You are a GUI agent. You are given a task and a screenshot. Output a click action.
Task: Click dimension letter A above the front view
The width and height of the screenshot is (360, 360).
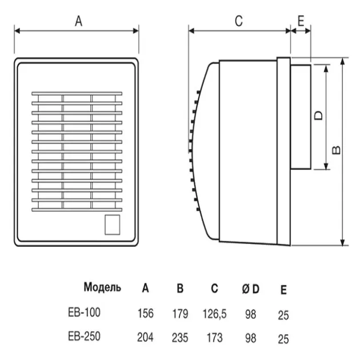(79, 21)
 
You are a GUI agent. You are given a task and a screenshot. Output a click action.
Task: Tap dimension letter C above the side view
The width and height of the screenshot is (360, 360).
(238, 21)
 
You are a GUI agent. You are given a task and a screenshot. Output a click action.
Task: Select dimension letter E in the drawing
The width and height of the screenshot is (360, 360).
(301, 21)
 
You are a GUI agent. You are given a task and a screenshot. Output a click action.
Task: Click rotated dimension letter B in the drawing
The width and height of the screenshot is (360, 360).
(337, 150)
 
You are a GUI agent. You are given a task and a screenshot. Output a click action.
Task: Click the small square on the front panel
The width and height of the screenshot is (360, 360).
(113, 225)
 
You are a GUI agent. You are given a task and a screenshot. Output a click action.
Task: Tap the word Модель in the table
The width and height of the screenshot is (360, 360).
(102, 287)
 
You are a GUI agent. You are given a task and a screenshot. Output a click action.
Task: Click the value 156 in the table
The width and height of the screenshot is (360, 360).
(146, 313)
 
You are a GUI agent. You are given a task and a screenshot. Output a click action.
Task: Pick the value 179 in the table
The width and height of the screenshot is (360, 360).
(180, 313)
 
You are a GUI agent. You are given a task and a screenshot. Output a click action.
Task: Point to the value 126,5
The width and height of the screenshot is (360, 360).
(215, 313)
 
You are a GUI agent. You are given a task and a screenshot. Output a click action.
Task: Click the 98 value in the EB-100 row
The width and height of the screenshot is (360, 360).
(250, 313)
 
